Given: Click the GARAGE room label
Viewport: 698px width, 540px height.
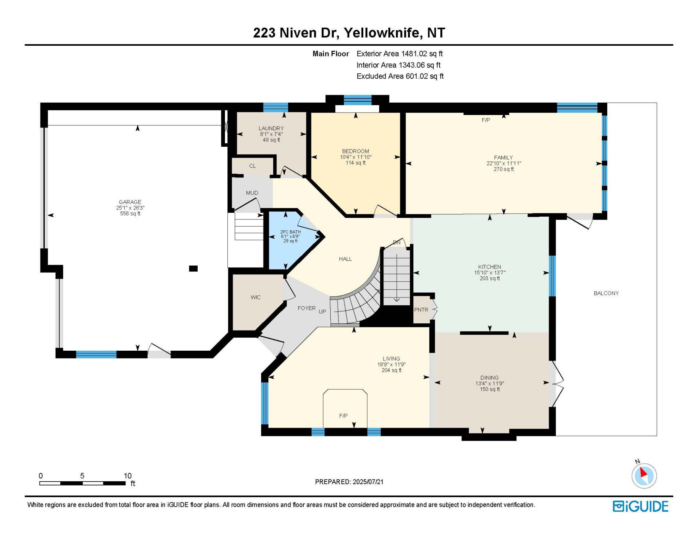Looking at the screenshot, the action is point(130,202).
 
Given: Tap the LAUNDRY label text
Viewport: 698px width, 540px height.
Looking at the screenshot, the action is point(271,128).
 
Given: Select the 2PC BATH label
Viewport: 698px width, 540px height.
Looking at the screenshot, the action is point(290,232).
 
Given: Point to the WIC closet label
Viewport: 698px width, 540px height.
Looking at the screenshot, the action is point(255,297).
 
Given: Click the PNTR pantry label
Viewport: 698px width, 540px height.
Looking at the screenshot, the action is point(421,310).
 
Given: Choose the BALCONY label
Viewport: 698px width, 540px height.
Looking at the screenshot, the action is point(606,293).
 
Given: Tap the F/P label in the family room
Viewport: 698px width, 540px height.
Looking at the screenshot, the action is point(486,120).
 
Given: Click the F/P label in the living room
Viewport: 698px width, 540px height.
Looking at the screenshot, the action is point(343,416).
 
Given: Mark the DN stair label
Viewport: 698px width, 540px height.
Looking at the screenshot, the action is point(397,243).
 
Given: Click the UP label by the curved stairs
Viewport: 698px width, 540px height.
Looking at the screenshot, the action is point(322,311).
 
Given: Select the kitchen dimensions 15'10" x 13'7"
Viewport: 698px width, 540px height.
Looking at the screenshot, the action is point(489,273).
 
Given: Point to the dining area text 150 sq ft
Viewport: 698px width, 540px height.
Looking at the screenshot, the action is point(489,389).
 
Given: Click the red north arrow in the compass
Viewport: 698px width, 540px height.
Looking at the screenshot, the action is point(643,472).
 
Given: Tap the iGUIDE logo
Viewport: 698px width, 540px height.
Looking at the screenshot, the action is point(640,507).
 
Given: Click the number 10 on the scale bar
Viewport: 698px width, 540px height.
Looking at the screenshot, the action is point(127,476).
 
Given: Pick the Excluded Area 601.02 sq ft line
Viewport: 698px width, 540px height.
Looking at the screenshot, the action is point(400,76).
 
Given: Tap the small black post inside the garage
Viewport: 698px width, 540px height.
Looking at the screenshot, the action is point(193,269).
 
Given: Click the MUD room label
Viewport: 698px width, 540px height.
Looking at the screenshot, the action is point(252,193).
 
